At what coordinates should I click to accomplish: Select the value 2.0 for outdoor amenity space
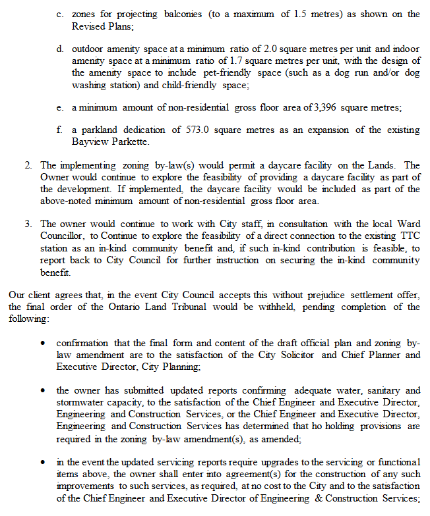pos(273,49)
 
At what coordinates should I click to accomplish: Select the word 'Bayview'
pos(90,142)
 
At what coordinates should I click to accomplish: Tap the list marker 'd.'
pos(60,49)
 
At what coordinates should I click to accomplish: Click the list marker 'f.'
pos(60,130)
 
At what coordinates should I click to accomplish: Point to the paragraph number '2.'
pos(29,165)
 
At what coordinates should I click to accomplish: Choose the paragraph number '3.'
pos(29,224)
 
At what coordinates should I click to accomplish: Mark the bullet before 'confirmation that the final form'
pos(44,344)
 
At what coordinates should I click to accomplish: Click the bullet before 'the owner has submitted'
pos(44,391)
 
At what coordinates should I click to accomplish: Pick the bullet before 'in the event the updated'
pos(44,462)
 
